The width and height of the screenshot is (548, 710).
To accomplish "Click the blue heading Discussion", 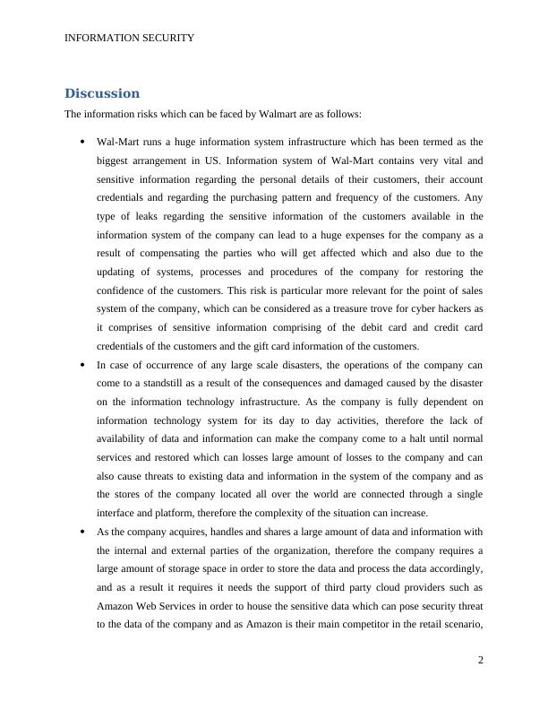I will click(102, 93).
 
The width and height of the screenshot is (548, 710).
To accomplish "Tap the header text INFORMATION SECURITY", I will click(130, 38).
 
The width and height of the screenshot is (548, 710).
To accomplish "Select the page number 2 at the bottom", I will click(481, 661).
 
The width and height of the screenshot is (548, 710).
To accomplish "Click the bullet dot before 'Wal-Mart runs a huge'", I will click(82, 142).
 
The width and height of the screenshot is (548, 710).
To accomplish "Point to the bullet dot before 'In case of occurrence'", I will click(82, 365).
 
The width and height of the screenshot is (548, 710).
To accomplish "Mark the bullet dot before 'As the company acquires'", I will click(82, 532).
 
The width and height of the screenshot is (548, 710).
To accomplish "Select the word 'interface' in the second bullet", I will click(119, 514).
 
